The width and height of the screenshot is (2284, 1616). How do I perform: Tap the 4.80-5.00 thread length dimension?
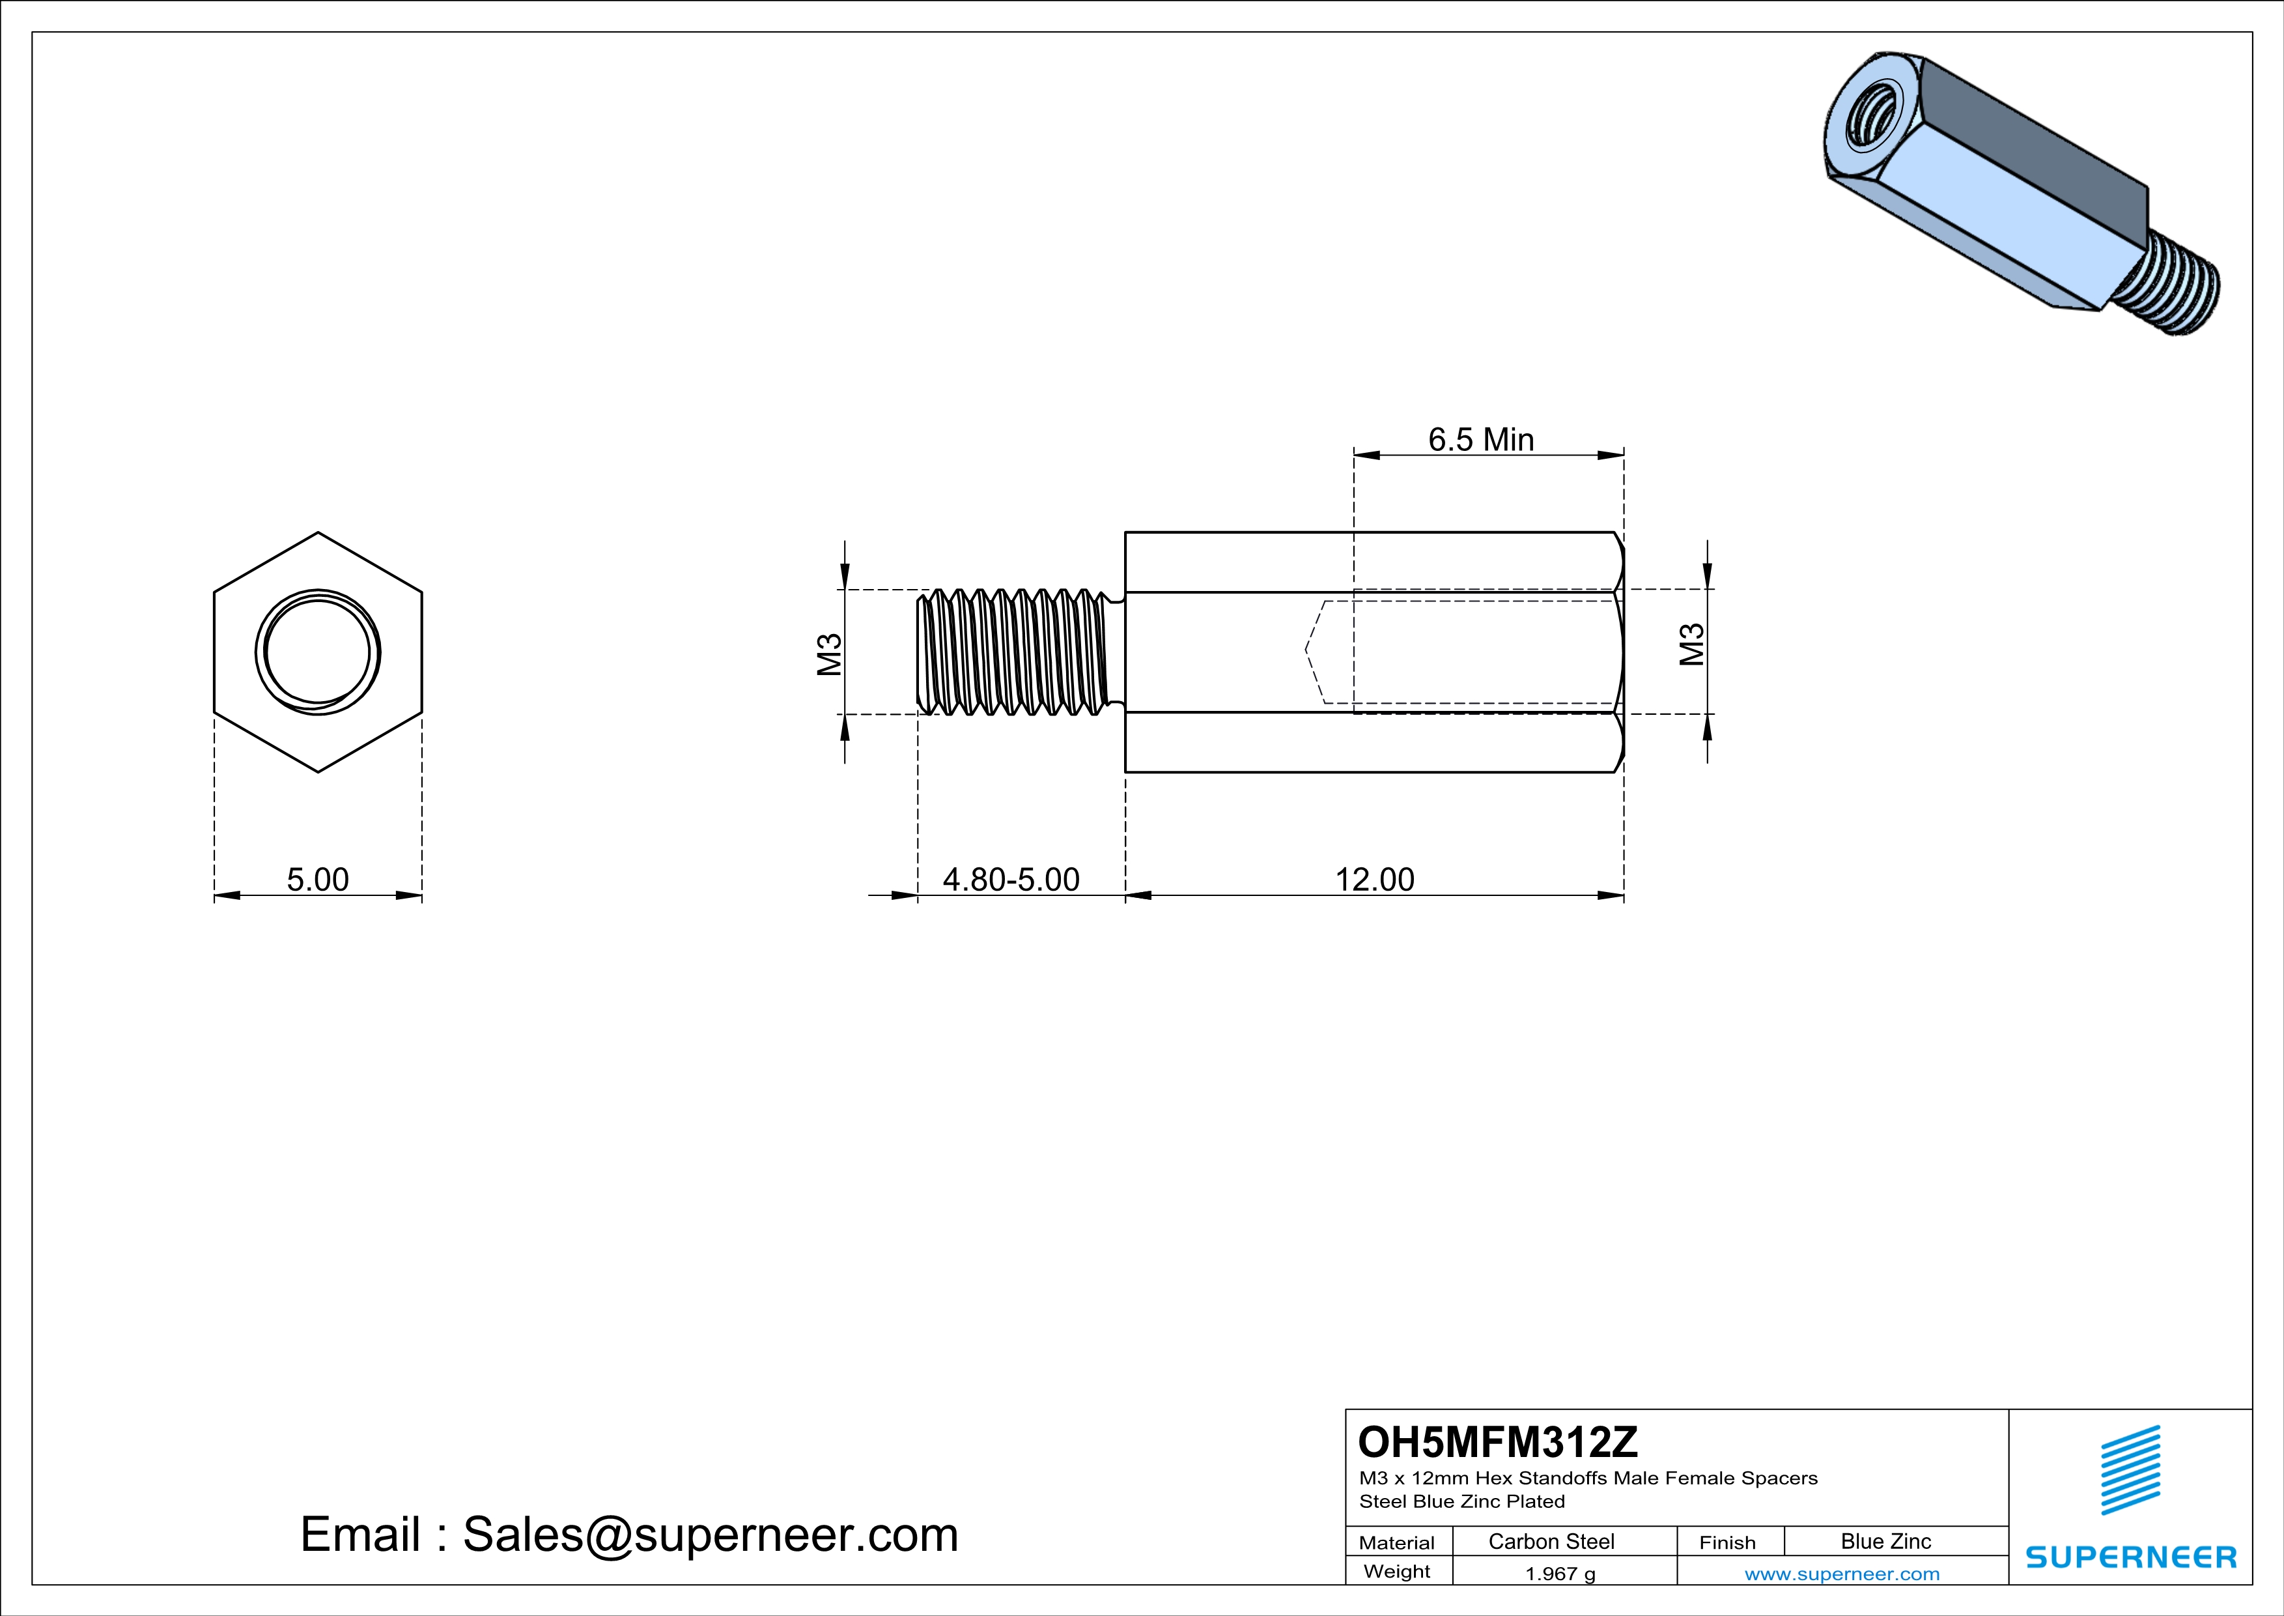[1011, 880]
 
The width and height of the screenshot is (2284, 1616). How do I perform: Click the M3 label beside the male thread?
[830, 654]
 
